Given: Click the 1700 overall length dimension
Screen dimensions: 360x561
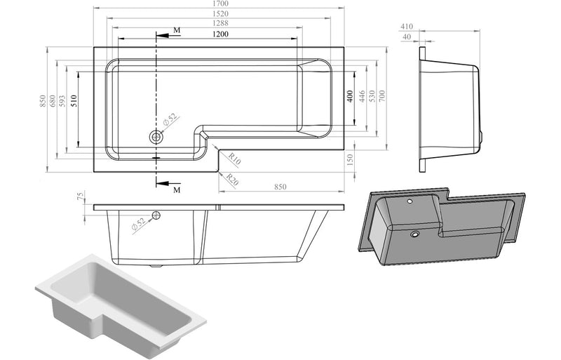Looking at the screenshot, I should point(220,4).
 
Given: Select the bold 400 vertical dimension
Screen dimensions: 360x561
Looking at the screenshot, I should point(349,97).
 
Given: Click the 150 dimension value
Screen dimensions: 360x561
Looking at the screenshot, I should point(349,161).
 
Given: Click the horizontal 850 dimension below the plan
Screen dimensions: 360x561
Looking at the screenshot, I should point(280,187).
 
